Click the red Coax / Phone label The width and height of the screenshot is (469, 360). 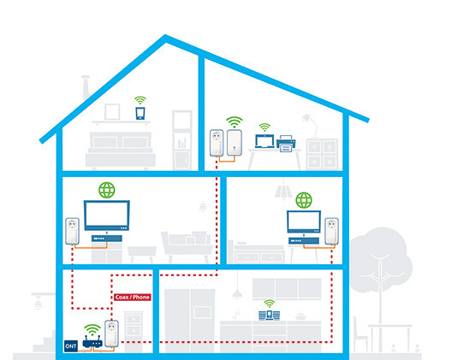132,297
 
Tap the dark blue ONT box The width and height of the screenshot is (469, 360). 71,346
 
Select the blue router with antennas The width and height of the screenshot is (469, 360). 92,342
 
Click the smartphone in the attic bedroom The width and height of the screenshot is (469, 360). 140,114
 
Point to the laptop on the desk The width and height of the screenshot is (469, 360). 264,141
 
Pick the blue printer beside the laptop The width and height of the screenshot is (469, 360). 286,144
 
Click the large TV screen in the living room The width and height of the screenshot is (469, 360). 107,215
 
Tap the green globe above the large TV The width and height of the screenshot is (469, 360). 107,190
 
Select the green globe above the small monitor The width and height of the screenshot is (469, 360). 304,200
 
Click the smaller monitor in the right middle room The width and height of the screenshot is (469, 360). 304,221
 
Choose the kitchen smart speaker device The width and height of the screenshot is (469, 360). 270,316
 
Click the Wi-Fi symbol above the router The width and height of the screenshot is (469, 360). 92,329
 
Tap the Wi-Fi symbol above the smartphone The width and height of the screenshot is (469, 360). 140,100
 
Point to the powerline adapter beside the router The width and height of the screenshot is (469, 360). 111,333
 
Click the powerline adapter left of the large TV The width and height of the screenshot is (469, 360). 73,231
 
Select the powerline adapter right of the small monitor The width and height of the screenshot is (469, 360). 332,231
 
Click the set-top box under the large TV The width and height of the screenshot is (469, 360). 107,239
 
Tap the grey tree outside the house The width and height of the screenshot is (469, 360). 381,269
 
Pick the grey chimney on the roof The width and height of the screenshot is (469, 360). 86,86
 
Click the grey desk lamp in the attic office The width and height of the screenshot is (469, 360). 311,126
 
